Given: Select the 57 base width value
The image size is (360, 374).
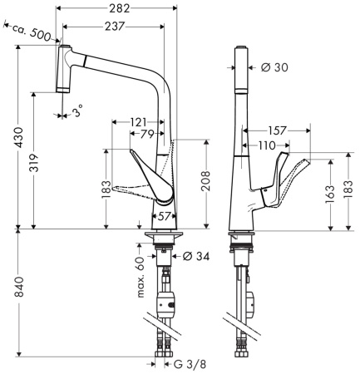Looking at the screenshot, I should (x=165, y=216).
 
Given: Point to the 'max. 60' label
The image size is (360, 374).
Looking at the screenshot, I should (x=141, y=274).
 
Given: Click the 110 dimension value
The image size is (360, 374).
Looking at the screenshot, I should (x=266, y=145).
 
